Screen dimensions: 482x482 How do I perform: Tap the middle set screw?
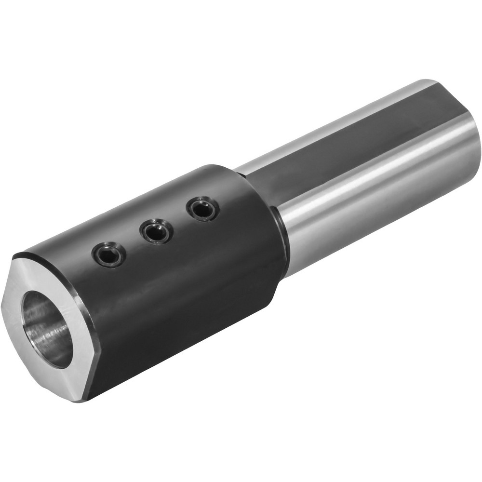pos(157,231)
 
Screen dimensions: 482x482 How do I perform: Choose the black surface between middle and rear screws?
pos(180,220)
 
